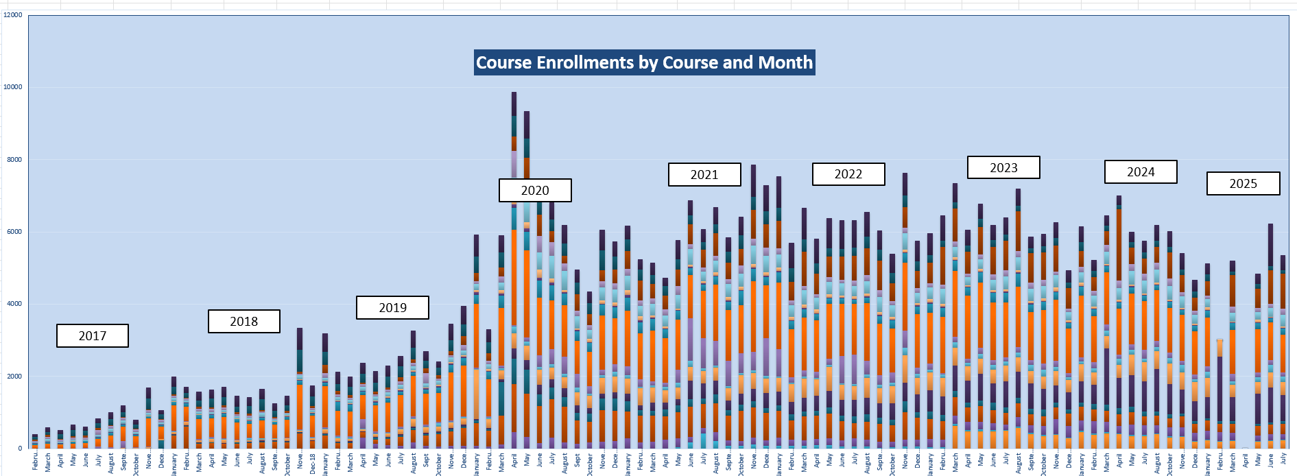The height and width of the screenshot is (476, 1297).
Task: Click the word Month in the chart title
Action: click(785, 62)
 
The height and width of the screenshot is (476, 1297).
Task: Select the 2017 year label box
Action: click(93, 335)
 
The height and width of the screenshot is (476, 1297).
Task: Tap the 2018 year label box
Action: click(243, 321)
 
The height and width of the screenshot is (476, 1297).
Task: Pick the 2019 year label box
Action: click(392, 307)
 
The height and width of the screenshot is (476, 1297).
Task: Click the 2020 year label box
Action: click(535, 190)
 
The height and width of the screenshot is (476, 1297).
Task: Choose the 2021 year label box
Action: click(704, 174)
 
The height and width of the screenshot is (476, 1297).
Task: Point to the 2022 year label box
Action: click(848, 174)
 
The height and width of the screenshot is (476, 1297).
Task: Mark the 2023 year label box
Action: click(1003, 167)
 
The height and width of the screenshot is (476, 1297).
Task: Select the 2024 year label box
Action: click(1141, 171)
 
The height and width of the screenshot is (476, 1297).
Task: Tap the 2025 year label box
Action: click(1243, 183)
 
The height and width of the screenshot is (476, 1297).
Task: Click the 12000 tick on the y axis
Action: click(13, 14)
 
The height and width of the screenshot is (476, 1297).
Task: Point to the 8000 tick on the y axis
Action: click(13, 159)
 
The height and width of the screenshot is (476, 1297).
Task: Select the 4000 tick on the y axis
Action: click(13, 303)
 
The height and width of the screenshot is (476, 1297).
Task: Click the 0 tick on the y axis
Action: click(20, 448)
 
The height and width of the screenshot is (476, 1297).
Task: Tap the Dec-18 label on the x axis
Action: click(313, 464)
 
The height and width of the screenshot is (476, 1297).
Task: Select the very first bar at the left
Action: click(35, 442)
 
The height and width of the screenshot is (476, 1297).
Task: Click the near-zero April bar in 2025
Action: click(1245, 447)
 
